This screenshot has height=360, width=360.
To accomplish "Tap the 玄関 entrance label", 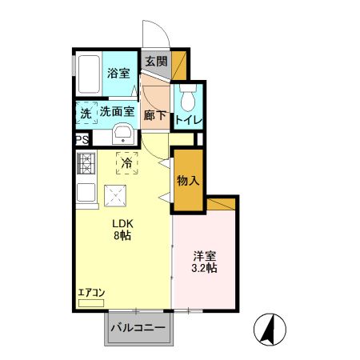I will [x=157, y=62].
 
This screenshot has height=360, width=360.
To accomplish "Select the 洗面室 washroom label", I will [x=116, y=113].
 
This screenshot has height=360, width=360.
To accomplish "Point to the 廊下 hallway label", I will [x=155, y=115].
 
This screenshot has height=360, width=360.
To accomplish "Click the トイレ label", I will [x=189, y=120].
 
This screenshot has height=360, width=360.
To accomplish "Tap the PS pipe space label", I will [x=82, y=139].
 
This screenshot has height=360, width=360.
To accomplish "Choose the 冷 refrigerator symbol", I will [x=126, y=162].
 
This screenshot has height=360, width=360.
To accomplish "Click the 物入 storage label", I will [x=187, y=182].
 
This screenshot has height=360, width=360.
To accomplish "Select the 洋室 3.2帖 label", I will [x=204, y=262].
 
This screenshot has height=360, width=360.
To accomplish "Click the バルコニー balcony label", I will [x=138, y=328].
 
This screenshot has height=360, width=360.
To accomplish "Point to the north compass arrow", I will [x=270, y=328].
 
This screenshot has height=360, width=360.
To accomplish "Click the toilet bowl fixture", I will [x=188, y=100].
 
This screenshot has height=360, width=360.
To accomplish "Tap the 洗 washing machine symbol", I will [x=86, y=114].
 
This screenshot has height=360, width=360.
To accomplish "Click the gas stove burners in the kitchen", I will [x=86, y=163].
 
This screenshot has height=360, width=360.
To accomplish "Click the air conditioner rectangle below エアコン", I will [x=91, y=304].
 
